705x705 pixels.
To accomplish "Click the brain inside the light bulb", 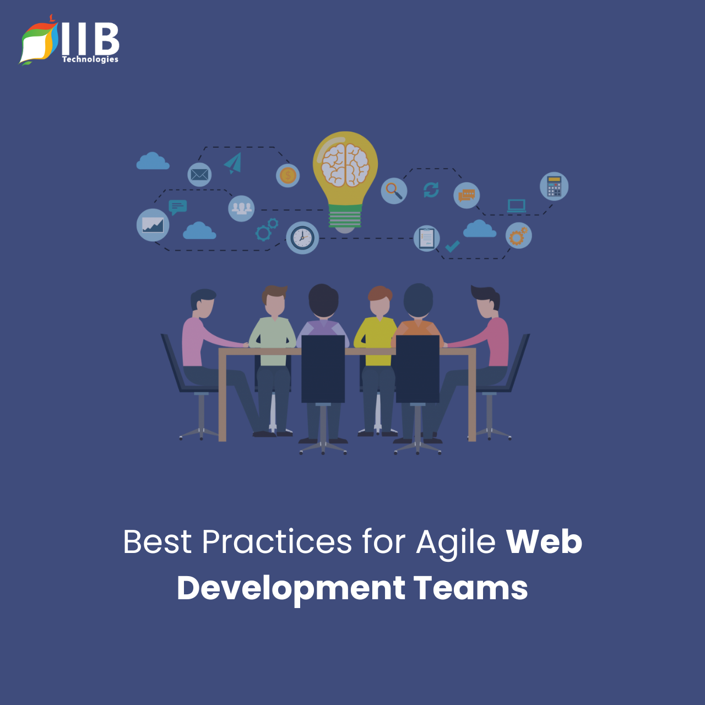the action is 345,165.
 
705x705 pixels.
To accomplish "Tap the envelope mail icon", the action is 199,175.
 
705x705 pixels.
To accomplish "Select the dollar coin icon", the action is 288,176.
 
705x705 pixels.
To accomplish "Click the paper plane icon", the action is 233,163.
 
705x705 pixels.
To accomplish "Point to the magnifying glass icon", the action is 394,191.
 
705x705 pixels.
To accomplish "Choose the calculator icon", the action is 554,186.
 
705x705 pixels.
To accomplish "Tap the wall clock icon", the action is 302,238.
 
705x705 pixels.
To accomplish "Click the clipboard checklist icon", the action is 427,238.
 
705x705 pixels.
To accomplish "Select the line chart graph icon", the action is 153,225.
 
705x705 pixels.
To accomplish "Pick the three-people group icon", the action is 241,209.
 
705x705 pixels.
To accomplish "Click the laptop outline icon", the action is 517,206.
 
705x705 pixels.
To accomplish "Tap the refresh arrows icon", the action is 431,190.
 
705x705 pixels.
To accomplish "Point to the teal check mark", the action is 452,246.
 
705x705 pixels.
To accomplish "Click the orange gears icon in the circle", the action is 519,236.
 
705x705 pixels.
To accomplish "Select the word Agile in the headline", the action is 456,542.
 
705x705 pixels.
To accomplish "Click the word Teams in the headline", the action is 471,588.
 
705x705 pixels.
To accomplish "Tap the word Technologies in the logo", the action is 90,59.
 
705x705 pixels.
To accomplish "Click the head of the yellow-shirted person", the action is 380,301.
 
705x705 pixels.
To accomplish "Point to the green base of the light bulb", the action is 345,216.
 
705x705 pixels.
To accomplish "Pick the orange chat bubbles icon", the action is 467,196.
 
